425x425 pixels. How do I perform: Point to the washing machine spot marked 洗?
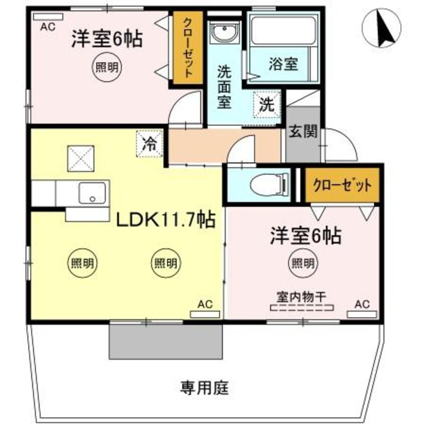[x=267, y=106]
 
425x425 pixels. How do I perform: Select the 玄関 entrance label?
[x=303, y=133]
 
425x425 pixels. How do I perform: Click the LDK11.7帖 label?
[x=166, y=220]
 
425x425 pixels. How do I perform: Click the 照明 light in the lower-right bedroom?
[x=302, y=262]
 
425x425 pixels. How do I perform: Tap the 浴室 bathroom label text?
[x=283, y=64]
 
